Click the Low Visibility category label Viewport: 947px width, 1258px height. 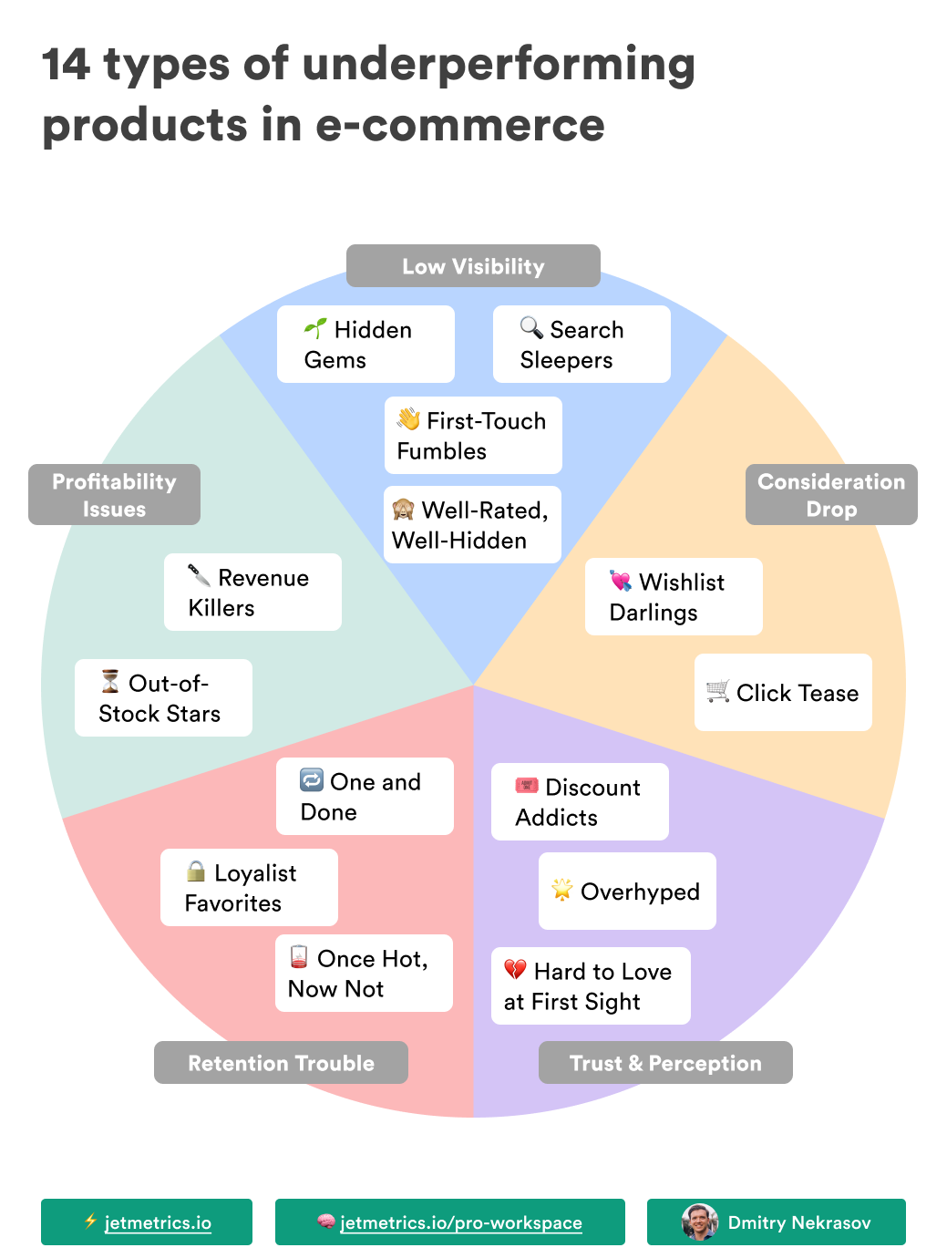tap(473, 266)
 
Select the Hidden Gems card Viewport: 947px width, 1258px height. tap(365, 344)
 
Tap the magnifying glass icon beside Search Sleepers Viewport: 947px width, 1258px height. tap(531, 327)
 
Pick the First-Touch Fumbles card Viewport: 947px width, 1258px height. tap(473, 435)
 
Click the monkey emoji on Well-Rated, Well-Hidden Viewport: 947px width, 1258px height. tap(403, 509)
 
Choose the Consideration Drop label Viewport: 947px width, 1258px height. tap(830, 494)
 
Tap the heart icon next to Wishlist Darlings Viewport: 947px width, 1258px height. tap(621, 581)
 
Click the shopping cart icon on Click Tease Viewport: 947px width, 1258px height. tap(718, 691)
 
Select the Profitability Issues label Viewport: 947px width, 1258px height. tap(114, 494)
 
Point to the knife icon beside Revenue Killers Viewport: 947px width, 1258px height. tap(199, 575)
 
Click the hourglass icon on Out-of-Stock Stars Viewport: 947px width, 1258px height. tap(110, 681)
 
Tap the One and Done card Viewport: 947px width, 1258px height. tap(365, 796)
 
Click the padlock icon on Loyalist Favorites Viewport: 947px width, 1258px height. tap(195, 871)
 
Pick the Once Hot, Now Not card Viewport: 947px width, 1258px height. tap(364, 973)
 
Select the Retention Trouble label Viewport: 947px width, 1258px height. tap(281, 1062)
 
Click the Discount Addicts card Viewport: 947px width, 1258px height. tap(580, 801)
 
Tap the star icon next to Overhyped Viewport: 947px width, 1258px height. tap(561, 890)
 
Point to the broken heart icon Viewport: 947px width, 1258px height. tap(515, 969)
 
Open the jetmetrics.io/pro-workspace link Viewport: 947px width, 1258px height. tap(460, 1222)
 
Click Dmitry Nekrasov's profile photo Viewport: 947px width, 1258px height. tap(700, 1222)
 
